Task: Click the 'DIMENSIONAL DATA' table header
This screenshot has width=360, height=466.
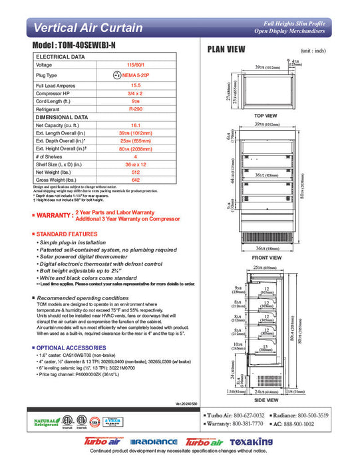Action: [x=63, y=117]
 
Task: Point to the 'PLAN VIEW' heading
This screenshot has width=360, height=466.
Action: [x=226, y=49]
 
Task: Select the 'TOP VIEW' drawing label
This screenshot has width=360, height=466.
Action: [x=266, y=116]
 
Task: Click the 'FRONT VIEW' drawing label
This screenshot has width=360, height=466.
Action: [x=266, y=258]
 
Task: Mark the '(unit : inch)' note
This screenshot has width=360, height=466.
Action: [x=313, y=51]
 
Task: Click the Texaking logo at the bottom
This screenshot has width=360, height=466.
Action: [x=251, y=442]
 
